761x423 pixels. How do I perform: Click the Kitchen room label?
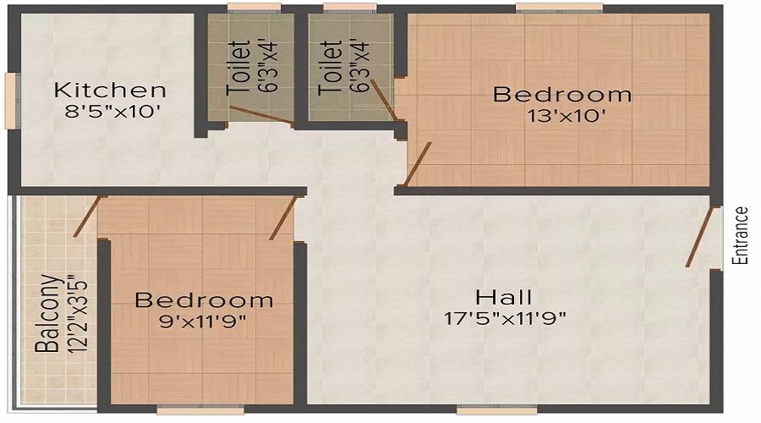tap(110, 90)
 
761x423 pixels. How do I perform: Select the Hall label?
tap(504, 298)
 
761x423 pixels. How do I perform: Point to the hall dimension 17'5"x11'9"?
tap(505, 318)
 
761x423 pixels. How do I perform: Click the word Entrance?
tap(742, 236)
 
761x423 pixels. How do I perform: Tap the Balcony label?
tap(47, 313)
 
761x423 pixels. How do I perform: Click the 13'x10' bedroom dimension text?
tap(562, 115)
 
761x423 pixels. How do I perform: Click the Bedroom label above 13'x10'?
tap(562, 94)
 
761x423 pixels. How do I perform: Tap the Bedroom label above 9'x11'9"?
tap(204, 300)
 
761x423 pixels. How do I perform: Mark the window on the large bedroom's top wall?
tap(559, 8)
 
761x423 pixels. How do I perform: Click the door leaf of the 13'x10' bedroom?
tap(418, 164)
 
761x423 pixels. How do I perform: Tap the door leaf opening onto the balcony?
tap(90, 216)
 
